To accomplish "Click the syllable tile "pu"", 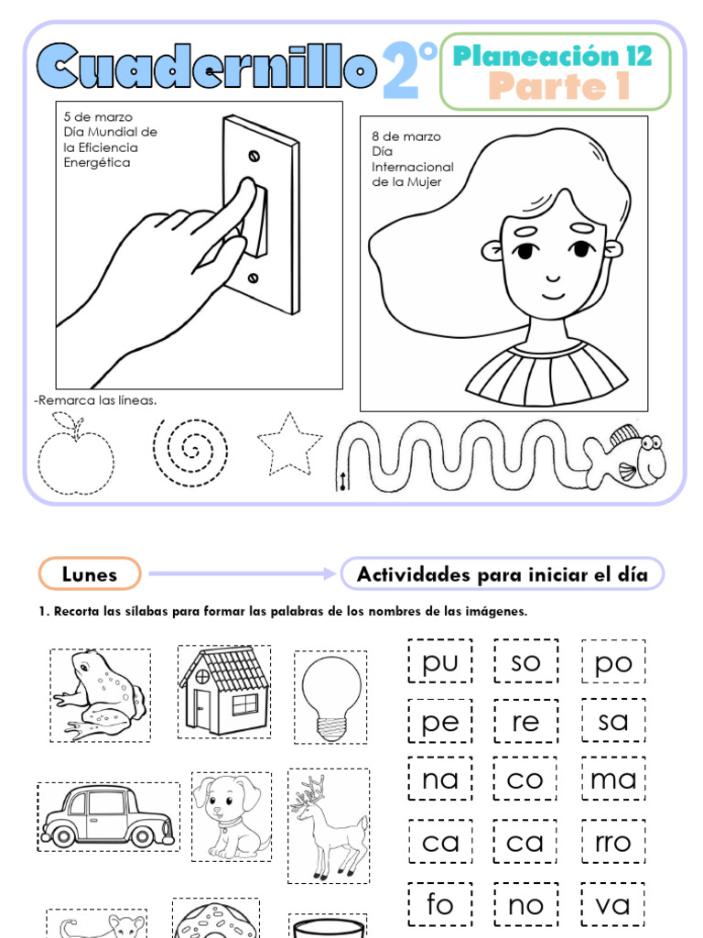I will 440,662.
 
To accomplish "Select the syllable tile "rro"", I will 613,842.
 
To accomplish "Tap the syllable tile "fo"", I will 440,904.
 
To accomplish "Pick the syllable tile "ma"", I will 613,780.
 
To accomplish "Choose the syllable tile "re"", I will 526,721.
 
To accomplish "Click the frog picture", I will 100,694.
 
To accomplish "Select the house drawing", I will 224,691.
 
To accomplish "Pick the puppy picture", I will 230,815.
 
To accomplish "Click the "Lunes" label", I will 90,574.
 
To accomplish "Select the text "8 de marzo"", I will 406,136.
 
